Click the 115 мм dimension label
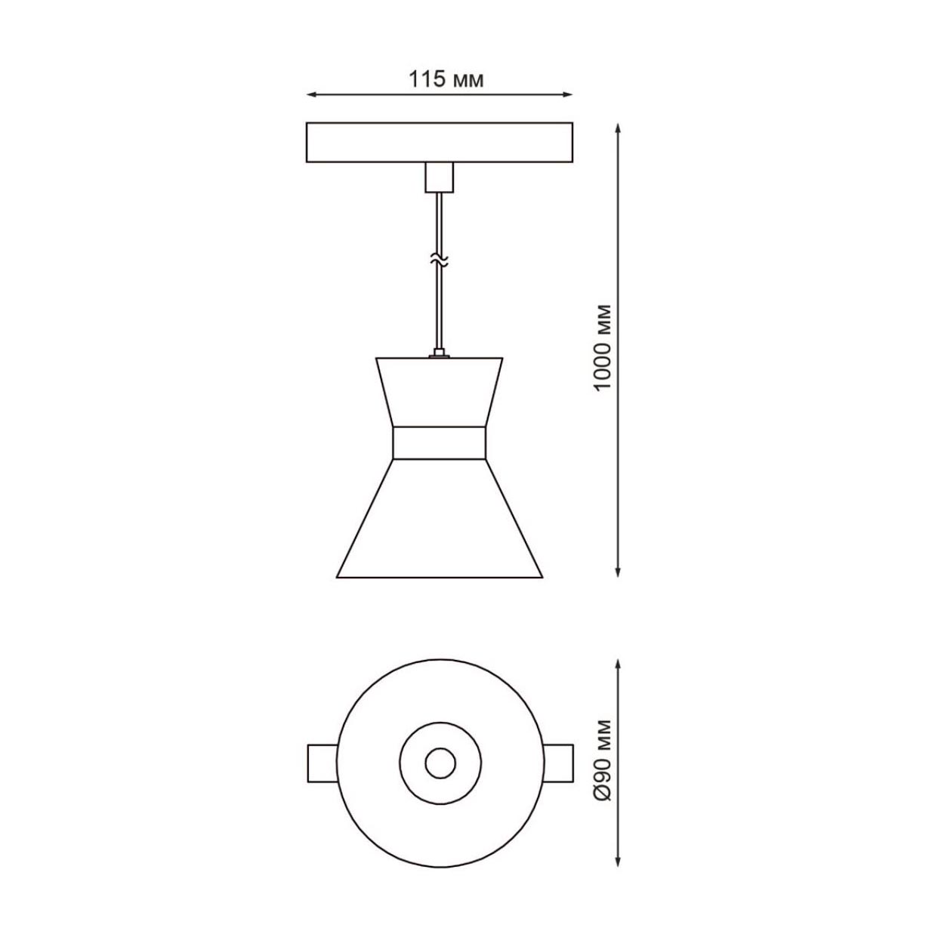point(446,79)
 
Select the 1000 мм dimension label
point(603,347)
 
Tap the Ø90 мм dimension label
point(603,761)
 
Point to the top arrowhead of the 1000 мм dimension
point(619,128)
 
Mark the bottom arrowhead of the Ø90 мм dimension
point(619,862)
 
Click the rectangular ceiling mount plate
point(439,142)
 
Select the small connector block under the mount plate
point(439,177)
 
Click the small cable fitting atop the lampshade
point(439,353)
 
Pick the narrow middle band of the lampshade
point(439,443)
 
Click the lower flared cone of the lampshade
point(439,521)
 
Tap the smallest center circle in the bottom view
point(440,763)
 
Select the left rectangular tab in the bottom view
point(322,763)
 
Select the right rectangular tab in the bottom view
point(557,763)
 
